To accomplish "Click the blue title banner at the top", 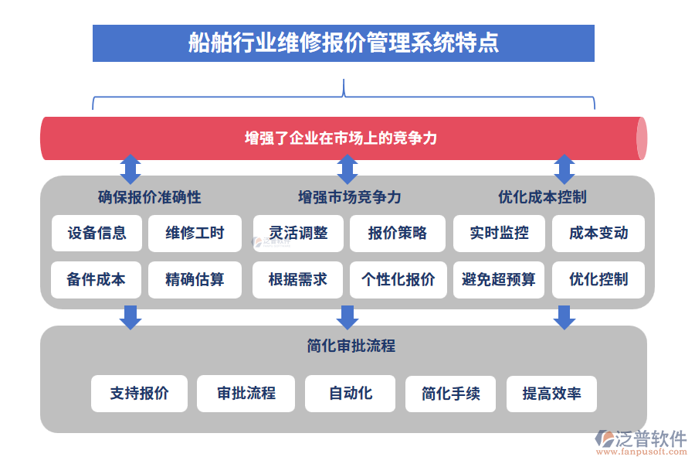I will [x=343, y=43].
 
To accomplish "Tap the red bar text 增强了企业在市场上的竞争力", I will [x=341, y=138].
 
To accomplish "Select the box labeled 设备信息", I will [x=97, y=233].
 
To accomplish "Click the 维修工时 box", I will [x=195, y=233].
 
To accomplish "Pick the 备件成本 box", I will [x=97, y=280].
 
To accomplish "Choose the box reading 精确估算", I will [x=195, y=280].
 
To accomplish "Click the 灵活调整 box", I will [x=298, y=233].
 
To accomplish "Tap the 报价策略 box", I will [x=397, y=233].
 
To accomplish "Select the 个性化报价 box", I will [x=397, y=280].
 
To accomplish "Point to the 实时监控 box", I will [x=499, y=233].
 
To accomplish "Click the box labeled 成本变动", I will [x=598, y=233].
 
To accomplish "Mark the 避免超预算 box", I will [x=499, y=280].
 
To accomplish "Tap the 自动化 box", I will [x=350, y=394].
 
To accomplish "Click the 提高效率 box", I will [x=551, y=394].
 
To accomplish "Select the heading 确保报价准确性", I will [x=150, y=197].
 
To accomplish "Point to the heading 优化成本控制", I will [x=542, y=197].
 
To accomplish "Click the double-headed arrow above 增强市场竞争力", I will [x=347, y=169].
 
